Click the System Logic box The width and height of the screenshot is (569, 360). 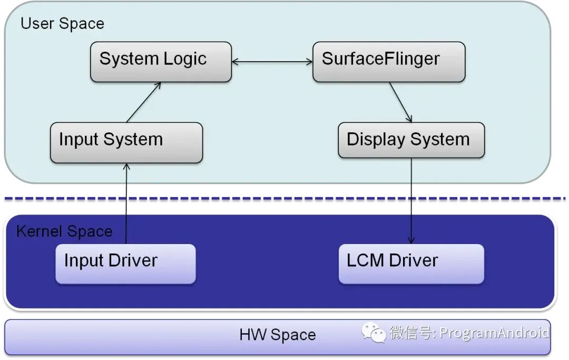click(x=161, y=62)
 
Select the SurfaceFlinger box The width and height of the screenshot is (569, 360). click(x=389, y=62)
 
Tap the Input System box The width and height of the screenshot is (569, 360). click(x=126, y=143)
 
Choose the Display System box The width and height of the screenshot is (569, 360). click(x=411, y=140)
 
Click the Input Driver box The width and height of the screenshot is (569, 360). click(x=125, y=264)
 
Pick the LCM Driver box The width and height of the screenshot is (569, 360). click(x=411, y=264)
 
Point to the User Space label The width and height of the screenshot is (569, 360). click(x=62, y=24)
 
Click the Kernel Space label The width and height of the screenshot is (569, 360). click(x=64, y=231)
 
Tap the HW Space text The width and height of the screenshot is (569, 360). click(x=278, y=335)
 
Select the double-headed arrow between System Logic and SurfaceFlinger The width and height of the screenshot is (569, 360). click(x=272, y=62)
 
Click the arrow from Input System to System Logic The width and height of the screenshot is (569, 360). click(x=143, y=102)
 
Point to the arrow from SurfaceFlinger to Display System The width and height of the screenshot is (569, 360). click(x=400, y=102)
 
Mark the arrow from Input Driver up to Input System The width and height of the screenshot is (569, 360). click(x=126, y=203)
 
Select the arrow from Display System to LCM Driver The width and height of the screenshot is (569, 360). click(x=411, y=200)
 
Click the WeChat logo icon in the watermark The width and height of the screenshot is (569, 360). click(x=373, y=333)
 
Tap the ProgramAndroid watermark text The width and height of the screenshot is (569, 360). click(x=494, y=333)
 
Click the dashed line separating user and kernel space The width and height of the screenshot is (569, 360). click(x=284, y=199)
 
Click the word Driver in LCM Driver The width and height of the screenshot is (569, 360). click(x=414, y=260)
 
